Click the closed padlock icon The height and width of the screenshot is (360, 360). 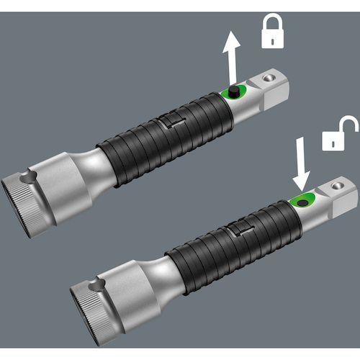pyautogui.click(x=274, y=32)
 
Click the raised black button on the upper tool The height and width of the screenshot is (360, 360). pyautogui.click(x=234, y=91)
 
